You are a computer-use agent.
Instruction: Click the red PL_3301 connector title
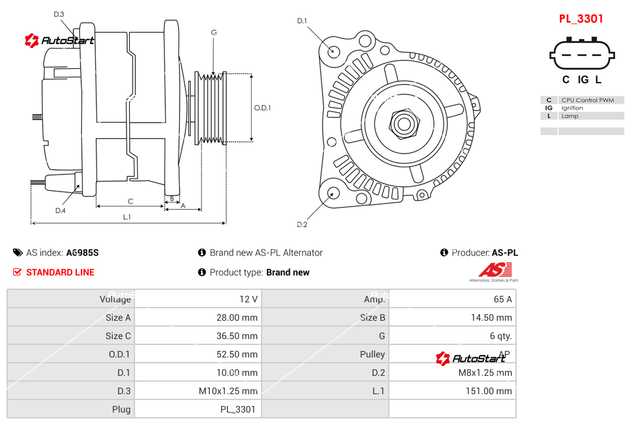[x=580, y=19]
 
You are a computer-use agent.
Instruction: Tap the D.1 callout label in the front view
[x=302, y=21]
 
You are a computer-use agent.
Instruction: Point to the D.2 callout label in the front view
[x=302, y=225]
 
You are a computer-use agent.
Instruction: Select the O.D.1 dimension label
[x=262, y=108]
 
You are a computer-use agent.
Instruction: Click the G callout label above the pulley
[x=214, y=32]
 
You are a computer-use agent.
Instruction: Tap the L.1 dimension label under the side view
[x=127, y=216]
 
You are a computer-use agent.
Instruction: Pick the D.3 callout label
[x=59, y=14]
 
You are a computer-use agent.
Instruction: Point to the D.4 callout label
[x=60, y=211]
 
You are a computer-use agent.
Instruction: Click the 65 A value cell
[x=502, y=299]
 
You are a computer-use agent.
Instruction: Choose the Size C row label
[x=118, y=336]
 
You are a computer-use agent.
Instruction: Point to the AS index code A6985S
[x=82, y=253]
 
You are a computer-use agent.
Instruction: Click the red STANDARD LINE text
[x=60, y=272]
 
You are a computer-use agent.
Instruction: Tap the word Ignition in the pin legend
[x=572, y=108]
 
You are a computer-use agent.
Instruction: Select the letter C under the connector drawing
[x=565, y=80]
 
